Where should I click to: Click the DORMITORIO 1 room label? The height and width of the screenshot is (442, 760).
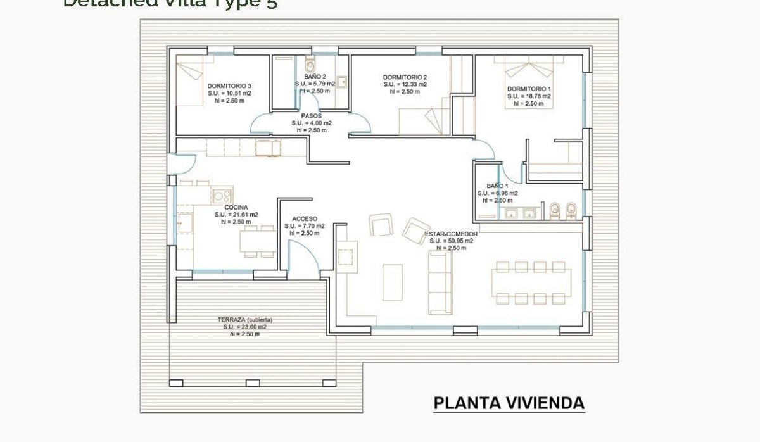529,89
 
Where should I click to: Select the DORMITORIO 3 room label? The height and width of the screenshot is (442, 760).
229,86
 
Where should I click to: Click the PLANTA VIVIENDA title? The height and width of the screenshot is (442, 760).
509,403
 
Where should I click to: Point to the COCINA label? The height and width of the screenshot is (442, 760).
236,208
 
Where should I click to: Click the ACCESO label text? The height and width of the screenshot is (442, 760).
304,218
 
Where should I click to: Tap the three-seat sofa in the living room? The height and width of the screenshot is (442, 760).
440,282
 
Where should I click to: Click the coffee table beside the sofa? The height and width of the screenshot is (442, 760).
392,281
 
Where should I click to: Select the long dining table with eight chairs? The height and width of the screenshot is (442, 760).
531,282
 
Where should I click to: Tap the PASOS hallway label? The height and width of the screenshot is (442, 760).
311,116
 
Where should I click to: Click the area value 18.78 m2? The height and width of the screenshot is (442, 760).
529,96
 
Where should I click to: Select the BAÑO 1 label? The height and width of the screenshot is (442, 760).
497,186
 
